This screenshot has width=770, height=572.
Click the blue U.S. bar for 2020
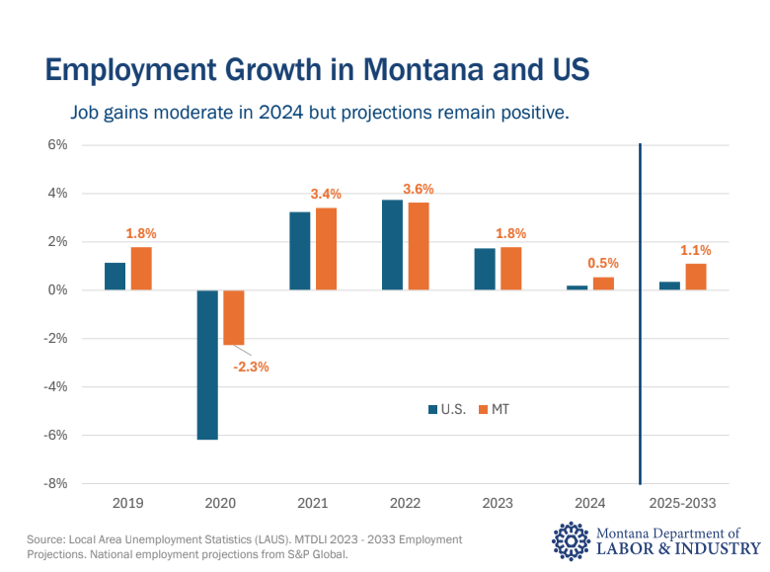207,364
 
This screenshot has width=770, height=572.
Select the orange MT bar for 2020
233,317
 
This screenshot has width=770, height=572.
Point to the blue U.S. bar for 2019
115,276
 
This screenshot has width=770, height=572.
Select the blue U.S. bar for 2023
485,269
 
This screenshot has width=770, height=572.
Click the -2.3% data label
251,367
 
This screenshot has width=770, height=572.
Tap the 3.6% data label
419,189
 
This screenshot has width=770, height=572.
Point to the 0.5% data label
603,263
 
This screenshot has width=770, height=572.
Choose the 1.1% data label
696,250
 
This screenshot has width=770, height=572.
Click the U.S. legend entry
447,409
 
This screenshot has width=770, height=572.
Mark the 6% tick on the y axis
56,144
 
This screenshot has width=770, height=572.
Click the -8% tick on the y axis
54,483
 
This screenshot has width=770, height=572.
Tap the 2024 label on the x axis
589,503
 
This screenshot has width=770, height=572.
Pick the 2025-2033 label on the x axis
684,503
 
